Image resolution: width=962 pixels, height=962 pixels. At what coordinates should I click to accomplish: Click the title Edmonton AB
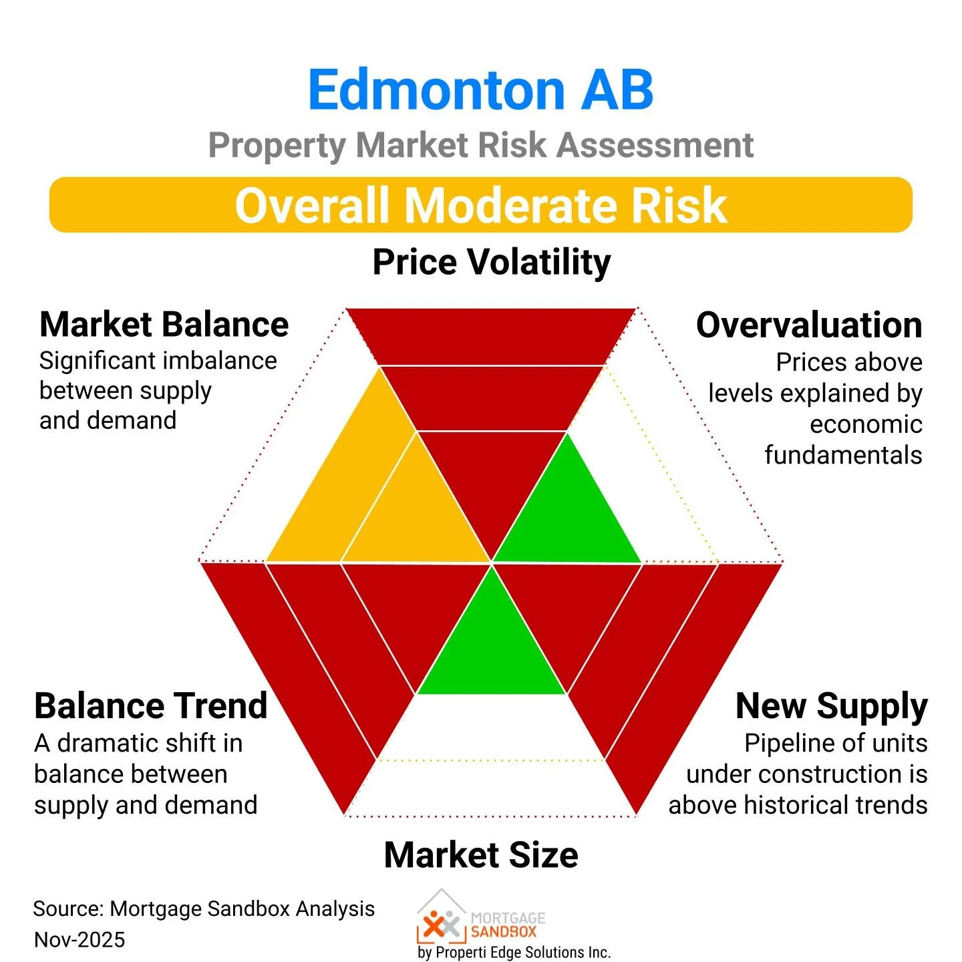[480, 90]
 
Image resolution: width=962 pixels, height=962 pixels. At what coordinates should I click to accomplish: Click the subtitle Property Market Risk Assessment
[480, 145]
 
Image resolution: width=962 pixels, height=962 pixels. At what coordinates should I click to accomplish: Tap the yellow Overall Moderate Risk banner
[480, 204]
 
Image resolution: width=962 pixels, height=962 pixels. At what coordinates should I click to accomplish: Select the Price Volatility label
[491, 261]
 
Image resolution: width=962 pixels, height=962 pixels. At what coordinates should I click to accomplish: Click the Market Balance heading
[164, 325]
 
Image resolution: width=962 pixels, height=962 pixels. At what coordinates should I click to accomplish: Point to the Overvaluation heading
[809, 325]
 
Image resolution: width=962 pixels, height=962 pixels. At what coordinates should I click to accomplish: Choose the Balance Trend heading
[151, 705]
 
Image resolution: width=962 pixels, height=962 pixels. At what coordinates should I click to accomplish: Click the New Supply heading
[831, 705]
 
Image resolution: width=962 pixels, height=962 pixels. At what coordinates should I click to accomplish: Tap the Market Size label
[481, 854]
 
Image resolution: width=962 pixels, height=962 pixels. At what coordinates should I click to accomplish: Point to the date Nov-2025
[79, 939]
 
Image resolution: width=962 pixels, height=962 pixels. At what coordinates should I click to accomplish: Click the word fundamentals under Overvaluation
[843, 455]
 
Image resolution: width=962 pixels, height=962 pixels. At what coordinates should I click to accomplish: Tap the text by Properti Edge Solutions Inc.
[514, 952]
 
